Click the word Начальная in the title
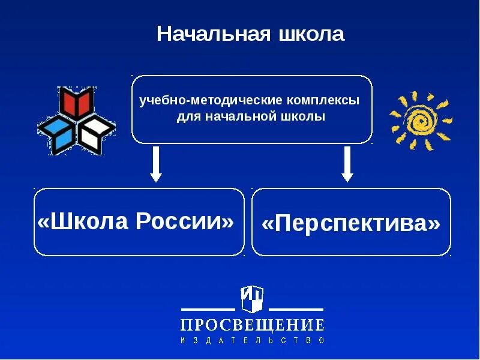[211, 34]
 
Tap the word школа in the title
[311, 34]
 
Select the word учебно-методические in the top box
[197, 100]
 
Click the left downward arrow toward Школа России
[156, 164]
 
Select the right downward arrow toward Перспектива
[347, 164]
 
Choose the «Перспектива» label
[351, 224]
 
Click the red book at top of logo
[77, 104]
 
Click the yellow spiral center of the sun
[420, 121]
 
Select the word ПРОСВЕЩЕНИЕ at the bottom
[253, 325]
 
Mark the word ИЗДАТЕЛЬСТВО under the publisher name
[253, 340]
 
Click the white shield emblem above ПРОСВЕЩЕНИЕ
[253, 298]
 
